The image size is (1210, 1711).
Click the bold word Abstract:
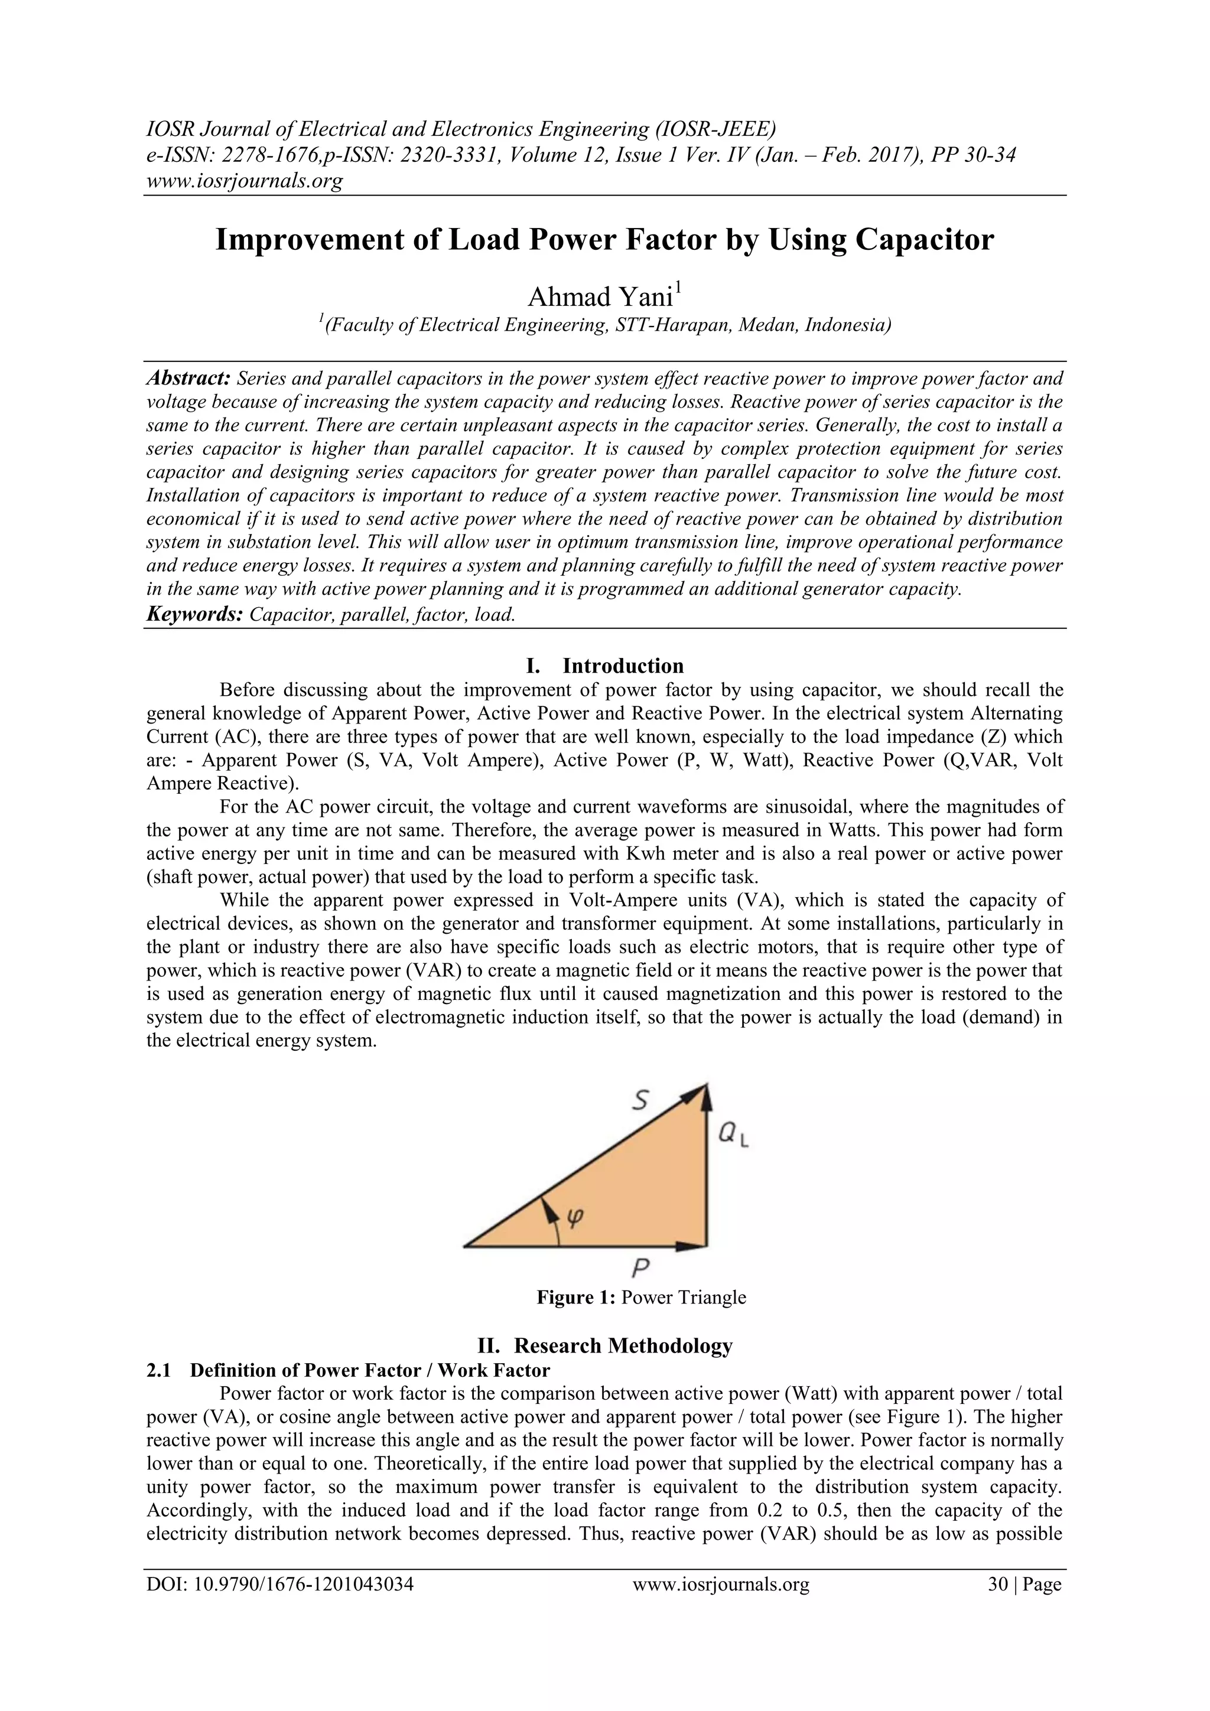pos(188,379)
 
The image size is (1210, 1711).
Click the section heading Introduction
pos(623,666)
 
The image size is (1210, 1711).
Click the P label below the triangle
pos(641,1266)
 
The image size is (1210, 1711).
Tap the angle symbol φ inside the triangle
pos(575,1216)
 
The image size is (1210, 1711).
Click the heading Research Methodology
pos(623,1346)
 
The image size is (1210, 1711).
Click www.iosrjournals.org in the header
pos(244,180)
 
